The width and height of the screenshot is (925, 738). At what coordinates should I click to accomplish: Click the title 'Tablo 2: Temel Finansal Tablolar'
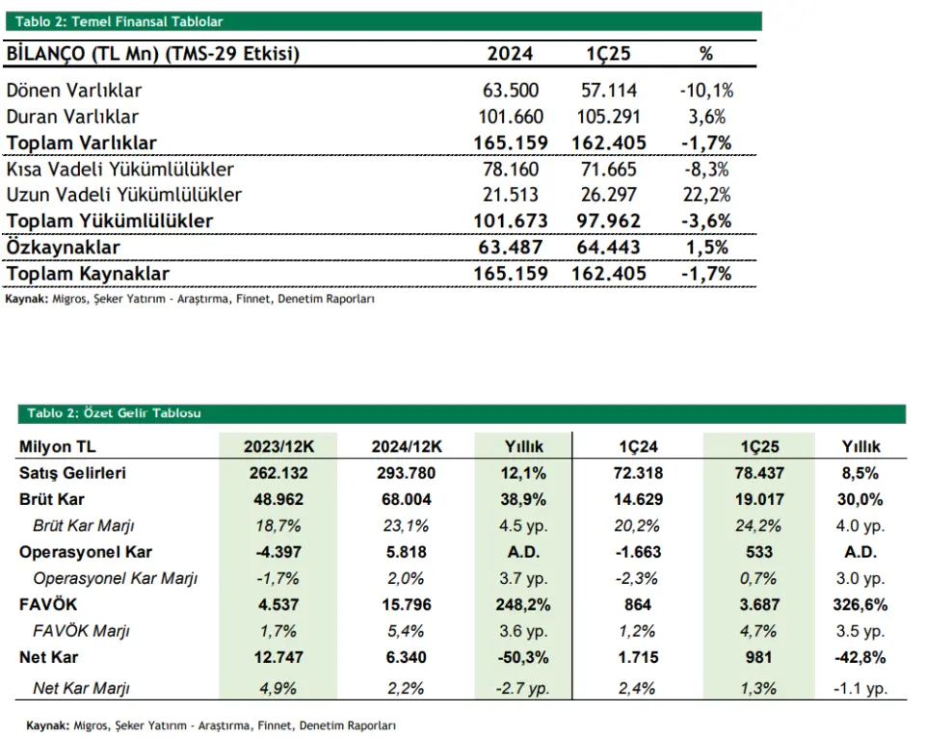click(x=119, y=22)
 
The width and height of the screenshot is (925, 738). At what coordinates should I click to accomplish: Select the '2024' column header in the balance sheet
click(x=510, y=54)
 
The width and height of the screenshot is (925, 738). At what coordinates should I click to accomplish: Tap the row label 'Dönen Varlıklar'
click(x=74, y=91)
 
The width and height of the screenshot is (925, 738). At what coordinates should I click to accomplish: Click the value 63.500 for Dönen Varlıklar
click(x=511, y=91)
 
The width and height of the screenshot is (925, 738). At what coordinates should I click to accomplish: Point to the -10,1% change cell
click(x=706, y=91)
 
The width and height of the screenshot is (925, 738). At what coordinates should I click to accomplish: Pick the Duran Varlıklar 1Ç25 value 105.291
click(x=608, y=117)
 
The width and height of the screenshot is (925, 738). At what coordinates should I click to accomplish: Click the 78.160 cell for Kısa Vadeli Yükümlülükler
click(x=511, y=170)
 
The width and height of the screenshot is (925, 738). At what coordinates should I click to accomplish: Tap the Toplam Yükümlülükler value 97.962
click(x=608, y=222)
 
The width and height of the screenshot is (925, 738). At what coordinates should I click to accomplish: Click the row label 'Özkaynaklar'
click(x=64, y=248)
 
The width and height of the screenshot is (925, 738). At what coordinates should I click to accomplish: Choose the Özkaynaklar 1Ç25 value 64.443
click(x=608, y=248)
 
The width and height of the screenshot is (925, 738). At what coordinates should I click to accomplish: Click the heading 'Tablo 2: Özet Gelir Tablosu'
click(x=114, y=413)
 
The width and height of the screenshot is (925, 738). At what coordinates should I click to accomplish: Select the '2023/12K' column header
click(x=279, y=447)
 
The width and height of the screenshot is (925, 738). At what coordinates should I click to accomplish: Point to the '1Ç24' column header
click(x=638, y=447)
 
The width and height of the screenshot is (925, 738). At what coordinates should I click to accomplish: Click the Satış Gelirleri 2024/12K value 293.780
click(x=407, y=473)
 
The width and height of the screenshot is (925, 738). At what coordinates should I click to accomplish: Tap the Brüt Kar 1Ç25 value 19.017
click(x=759, y=500)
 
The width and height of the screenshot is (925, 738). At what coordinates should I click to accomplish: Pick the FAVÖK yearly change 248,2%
click(x=523, y=605)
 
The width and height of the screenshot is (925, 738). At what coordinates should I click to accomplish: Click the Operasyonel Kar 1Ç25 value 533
click(x=759, y=552)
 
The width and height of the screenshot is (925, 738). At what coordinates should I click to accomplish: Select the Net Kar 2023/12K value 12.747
click(x=278, y=657)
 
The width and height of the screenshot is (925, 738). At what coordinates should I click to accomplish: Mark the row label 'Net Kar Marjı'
click(x=81, y=688)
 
